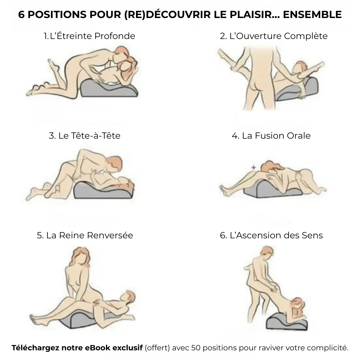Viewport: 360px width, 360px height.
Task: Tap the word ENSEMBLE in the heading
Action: (x=312, y=14)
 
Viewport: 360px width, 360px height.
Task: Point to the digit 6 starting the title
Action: (x=21, y=14)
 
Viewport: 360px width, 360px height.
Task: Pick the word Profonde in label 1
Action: (x=115, y=36)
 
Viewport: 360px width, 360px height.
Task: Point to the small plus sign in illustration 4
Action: (x=253, y=168)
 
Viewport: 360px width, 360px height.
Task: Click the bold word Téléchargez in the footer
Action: (x=36, y=348)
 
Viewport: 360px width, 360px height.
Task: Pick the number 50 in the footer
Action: (x=196, y=348)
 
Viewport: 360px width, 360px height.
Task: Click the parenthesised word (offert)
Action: (x=157, y=348)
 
